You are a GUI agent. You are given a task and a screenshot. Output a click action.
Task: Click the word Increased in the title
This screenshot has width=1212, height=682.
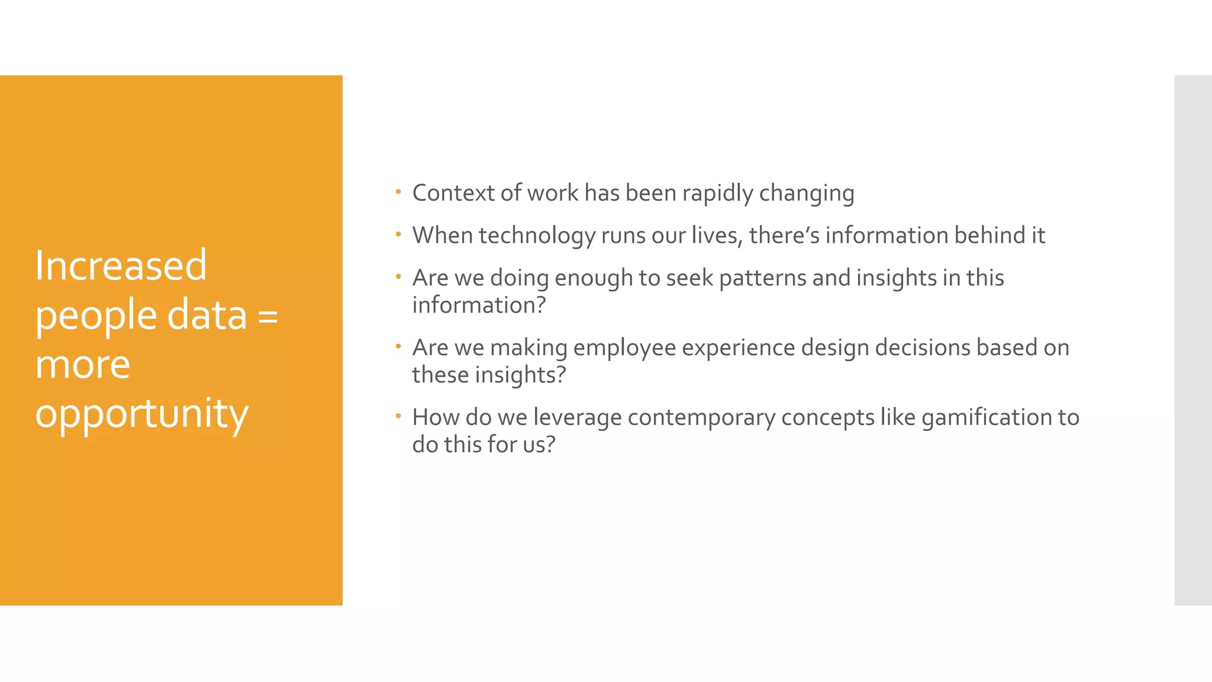pos(121,265)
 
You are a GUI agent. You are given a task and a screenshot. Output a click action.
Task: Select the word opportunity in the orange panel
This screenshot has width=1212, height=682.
pos(141,414)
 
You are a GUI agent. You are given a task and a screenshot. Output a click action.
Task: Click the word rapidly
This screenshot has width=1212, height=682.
pos(717,194)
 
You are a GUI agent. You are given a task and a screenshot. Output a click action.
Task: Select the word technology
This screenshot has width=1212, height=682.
pos(537,236)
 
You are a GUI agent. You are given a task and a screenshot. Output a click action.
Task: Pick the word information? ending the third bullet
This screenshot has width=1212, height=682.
pos(479,305)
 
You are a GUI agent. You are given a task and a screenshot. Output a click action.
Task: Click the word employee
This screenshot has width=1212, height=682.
pos(624,348)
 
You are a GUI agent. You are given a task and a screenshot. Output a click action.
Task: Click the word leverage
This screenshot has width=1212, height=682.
pos(577,417)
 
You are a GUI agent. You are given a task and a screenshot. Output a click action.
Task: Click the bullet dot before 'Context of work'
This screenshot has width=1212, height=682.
pos(399,192)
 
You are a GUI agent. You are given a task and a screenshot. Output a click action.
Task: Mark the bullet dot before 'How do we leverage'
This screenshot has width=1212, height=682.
pos(399,416)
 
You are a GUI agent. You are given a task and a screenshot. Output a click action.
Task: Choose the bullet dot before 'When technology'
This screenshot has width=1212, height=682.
pos(399,234)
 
